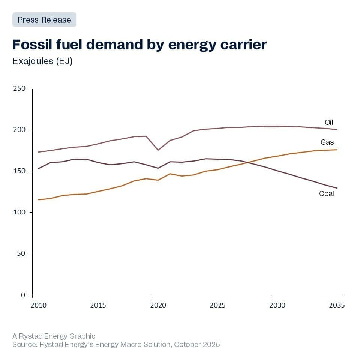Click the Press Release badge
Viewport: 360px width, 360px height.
click(x=44, y=19)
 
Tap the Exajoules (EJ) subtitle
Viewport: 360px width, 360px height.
click(x=42, y=61)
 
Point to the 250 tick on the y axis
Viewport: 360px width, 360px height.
click(x=19, y=88)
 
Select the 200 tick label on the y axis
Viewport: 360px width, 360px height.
click(x=19, y=130)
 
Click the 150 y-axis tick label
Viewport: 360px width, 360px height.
click(x=19, y=171)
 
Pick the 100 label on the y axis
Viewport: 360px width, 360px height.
click(x=19, y=212)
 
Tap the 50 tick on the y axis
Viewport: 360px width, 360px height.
click(x=21, y=253)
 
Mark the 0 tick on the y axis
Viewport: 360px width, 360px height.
click(x=23, y=295)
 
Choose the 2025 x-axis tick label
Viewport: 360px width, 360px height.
click(x=217, y=305)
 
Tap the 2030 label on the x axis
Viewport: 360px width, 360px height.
click(x=277, y=305)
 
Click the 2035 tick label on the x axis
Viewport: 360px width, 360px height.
click(x=337, y=305)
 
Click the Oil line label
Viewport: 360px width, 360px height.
click(x=329, y=122)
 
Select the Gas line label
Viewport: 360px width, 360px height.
click(x=327, y=142)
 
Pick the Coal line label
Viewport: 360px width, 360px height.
click(x=326, y=194)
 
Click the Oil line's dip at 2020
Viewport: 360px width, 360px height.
click(x=158, y=150)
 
